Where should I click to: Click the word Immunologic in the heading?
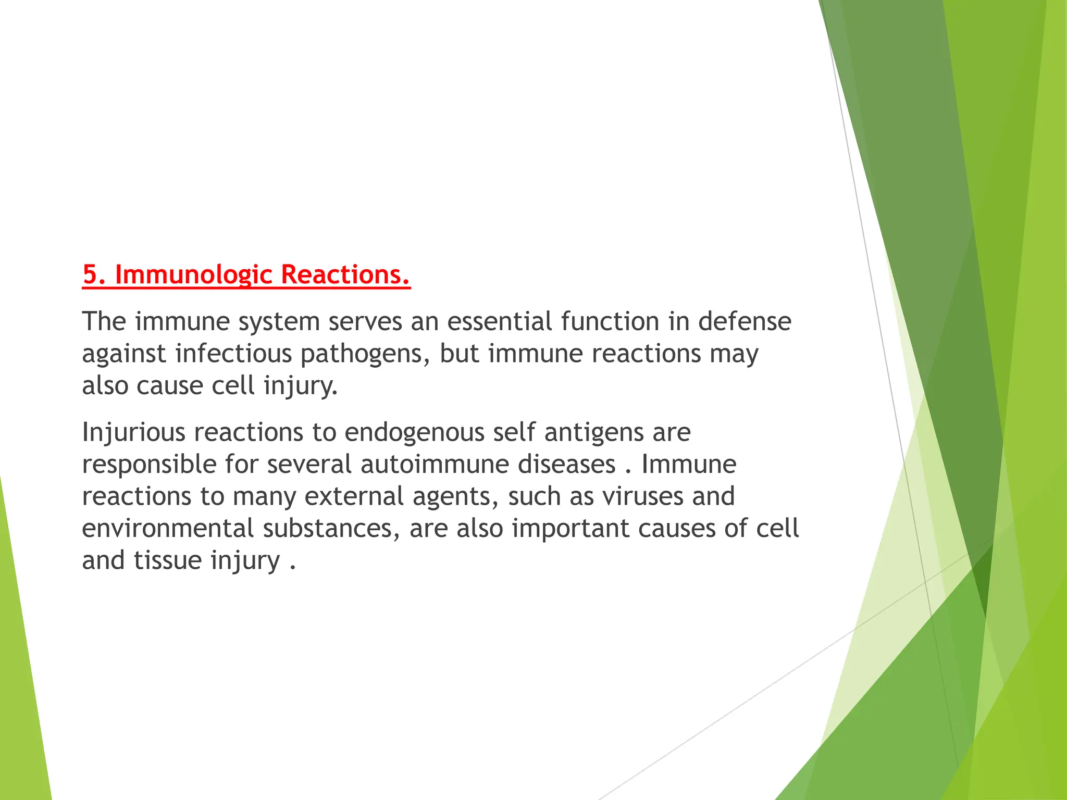[193, 274]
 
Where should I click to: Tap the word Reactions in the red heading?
[344, 274]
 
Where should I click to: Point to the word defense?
[745, 321]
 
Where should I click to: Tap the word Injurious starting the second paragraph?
[133, 433]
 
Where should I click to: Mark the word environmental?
[167, 528]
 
